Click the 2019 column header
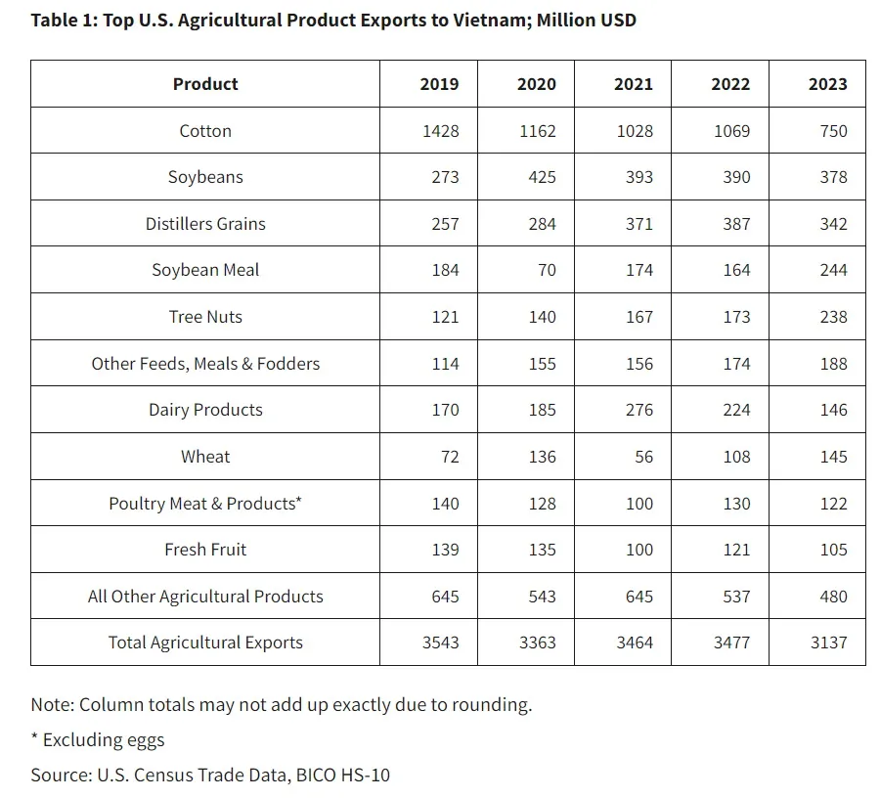(x=439, y=84)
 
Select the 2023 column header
(x=827, y=84)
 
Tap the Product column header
(x=205, y=84)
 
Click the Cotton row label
(x=205, y=131)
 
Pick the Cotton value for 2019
(x=439, y=131)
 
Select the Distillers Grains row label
(x=205, y=224)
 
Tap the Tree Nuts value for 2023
(x=833, y=317)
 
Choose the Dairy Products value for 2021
(x=638, y=410)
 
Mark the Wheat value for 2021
(x=643, y=457)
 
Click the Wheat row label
(x=205, y=457)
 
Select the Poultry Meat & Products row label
(x=205, y=504)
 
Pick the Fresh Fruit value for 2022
(x=736, y=550)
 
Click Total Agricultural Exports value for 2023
(x=827, y=643)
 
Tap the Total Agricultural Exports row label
(x=205, y=643)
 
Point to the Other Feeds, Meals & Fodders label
(x=205, y=364)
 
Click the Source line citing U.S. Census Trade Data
(x=211, y=776)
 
